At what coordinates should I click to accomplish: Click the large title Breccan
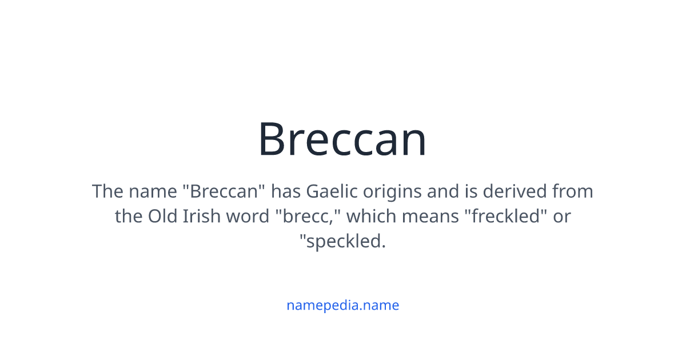pos(342,139)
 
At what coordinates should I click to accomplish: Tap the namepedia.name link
pos(342,305)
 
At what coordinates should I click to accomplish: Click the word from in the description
pos(572,191)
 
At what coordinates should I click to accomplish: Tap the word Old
pos(162,216)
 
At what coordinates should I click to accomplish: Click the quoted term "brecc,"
pos(309,216)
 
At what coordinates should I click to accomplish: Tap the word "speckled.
pos(342,242)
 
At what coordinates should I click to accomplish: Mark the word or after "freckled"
pos(561,217)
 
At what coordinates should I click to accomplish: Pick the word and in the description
pos(443,191)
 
